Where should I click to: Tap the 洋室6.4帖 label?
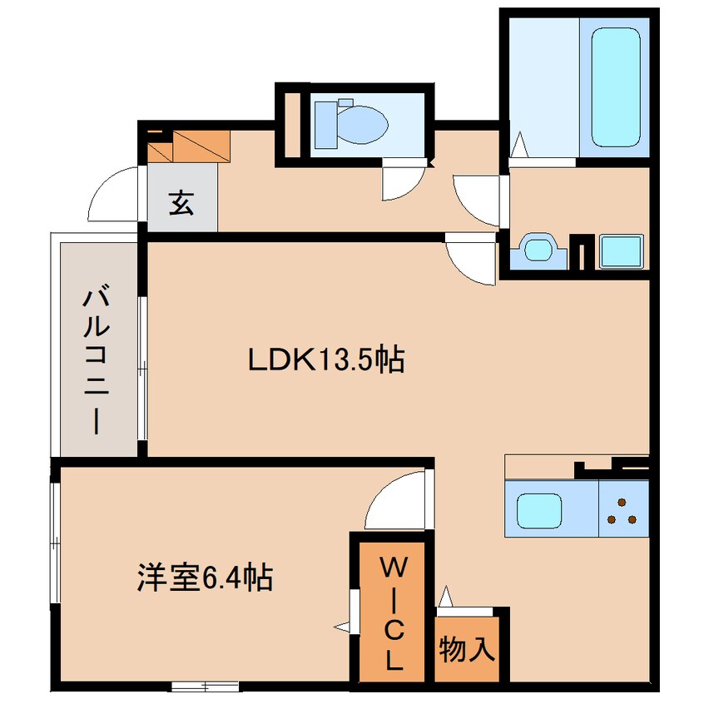pyautogui.click(x=206, y=577)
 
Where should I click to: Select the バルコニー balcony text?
pyautogui.click(x=95, y=360)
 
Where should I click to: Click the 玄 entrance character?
pyautogui.click(x=181, y=202)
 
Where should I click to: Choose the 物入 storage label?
pyautogui.click(x=467, y=648)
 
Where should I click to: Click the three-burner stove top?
pyautogui.click(x=622, y=511)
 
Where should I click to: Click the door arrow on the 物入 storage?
pyautogui.click(x=447, y=597)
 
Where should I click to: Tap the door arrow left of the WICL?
pyautogui.click(x=342, y=623)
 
